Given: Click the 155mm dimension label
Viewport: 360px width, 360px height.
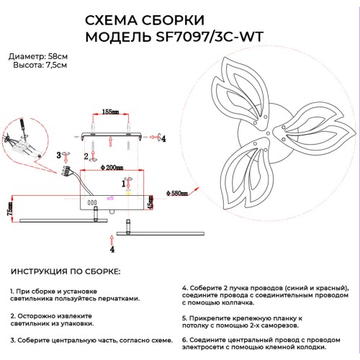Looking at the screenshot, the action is pyautogui.click(x=110, y=112).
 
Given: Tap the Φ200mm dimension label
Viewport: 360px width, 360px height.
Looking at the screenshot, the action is pyautogui.click(x=112, y=167).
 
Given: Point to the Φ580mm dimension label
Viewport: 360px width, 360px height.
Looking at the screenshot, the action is pyautogui.click(x=177, y=193).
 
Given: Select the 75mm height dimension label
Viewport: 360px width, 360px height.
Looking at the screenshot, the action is pyautogui.click(x=10, y=209).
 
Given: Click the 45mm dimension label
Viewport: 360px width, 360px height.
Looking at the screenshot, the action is pyautogui.click(x=150, y=203).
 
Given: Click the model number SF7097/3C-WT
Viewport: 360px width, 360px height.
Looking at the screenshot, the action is pyautogui.click(x=210, y=37).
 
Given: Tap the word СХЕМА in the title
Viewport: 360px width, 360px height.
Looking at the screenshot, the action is pyautogui.click(x=112, y=20).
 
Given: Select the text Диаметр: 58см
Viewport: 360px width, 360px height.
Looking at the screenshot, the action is pyautogui.click(x=38, y=57).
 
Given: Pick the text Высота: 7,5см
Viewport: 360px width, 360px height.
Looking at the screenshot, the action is pyautogui.click(x=40, y=65).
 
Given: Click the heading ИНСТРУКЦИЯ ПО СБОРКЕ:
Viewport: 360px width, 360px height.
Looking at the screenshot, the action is pyautogui.click(x=66, y=271).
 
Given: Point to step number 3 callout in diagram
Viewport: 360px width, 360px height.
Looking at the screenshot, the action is pyautogui.click(x=59, y=155).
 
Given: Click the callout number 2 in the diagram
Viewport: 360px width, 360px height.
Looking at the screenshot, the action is pyautogui.click(x=86, y=156).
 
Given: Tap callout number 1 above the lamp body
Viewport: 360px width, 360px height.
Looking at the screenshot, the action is pyautogui.click(x=124, y=184).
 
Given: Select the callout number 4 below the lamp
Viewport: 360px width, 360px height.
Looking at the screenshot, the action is pyautogui.click(x=112, y=250).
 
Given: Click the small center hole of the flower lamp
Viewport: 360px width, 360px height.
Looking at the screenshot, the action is pyautogui.click(x=268, y=133).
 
